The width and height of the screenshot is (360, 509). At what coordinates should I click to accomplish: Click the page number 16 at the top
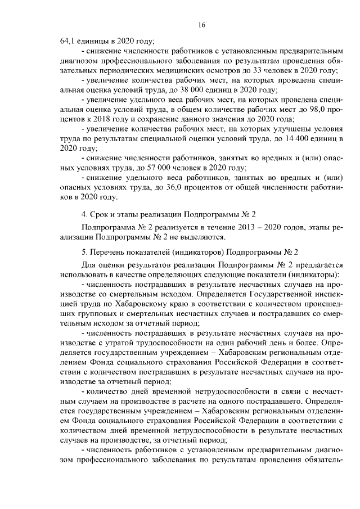202,25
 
